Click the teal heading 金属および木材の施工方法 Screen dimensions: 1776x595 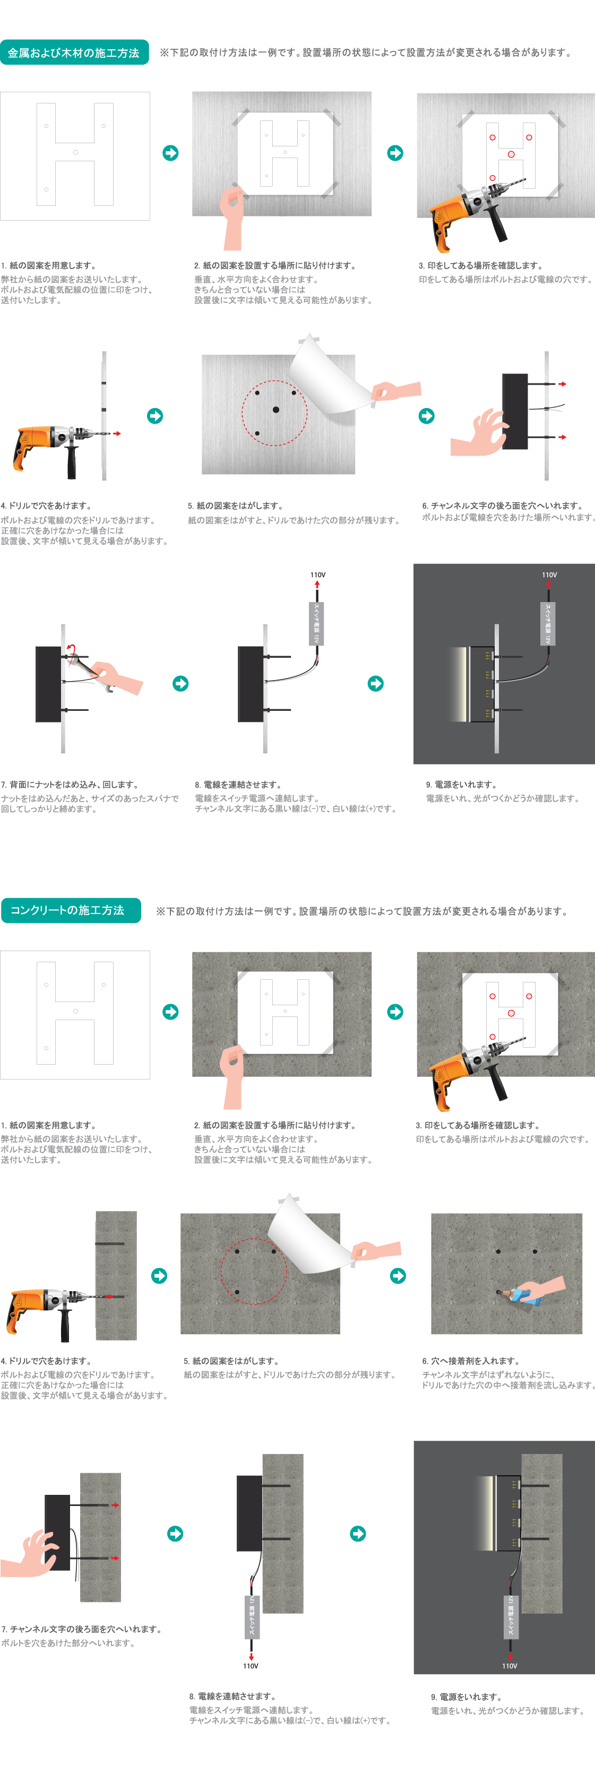(x=74, y=53)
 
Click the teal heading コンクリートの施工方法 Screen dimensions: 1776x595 (x=70, y=910)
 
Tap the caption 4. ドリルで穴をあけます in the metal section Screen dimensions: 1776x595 (x=46, y=506)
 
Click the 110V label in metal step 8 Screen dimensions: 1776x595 (x=318, y=574)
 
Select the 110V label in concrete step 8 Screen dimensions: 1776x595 (x=251, y=1666)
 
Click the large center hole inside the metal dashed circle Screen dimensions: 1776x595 (x=276, y=410)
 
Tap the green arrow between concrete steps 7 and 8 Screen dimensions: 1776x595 (x=175, y=1534)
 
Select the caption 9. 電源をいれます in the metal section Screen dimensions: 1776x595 (x=461, y=785)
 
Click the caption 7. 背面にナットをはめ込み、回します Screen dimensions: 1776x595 (x=70, y=785)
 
